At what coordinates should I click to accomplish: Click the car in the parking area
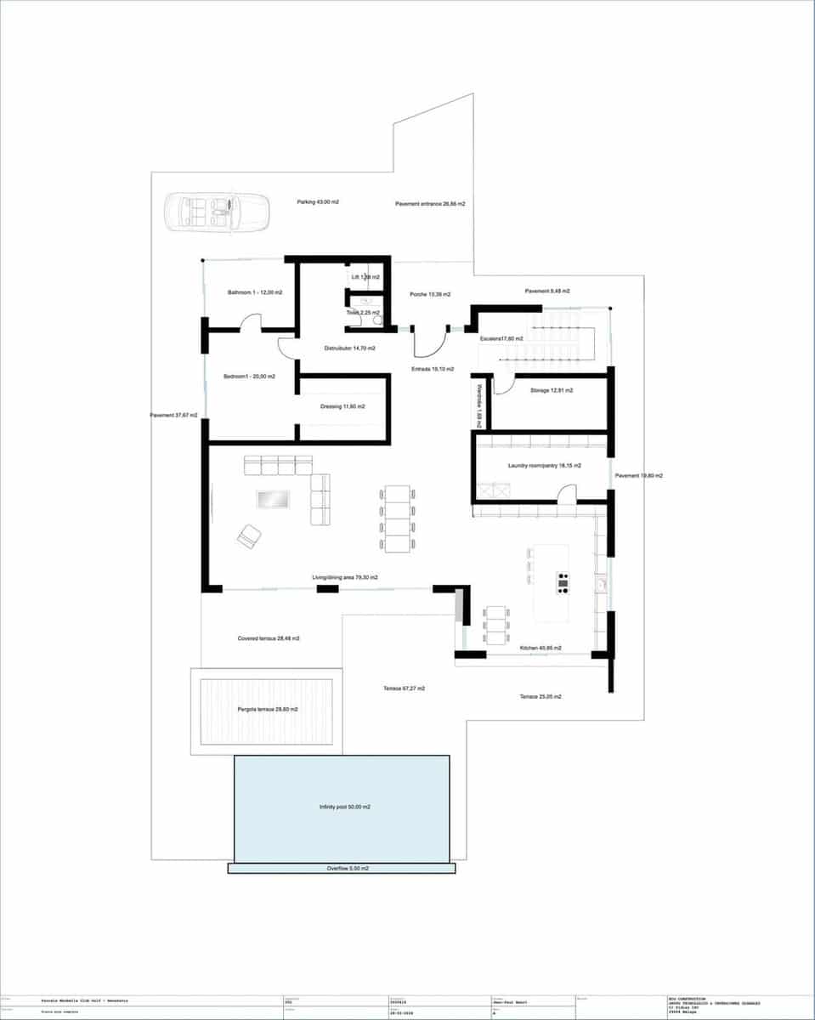[216, 212]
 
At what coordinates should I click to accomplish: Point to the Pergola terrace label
[267, 709]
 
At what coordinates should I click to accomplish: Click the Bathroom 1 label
[255, 292]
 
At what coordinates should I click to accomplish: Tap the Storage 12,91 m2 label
[552, 390]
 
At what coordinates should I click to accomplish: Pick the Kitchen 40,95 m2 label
[541, 648]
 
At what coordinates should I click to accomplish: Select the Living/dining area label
[344, 578]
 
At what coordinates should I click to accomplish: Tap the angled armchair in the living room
[250, 535]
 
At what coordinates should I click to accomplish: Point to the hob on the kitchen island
[563, 582]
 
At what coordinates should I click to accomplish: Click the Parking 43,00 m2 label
[318, 202]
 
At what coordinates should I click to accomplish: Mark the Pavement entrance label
[430, 204]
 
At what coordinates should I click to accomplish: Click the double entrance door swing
[430, 342]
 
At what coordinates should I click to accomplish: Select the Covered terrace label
[269, 637]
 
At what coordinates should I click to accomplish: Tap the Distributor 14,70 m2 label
[350, 348]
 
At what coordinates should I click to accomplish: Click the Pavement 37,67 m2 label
[174, 416]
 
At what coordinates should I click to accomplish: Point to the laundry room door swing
[566, 493]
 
